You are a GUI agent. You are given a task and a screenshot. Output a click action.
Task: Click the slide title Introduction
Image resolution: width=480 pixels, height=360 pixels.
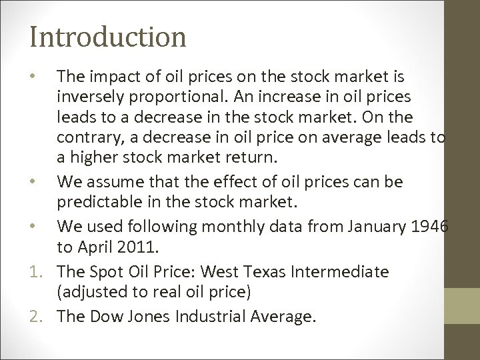tap(107, 36)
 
